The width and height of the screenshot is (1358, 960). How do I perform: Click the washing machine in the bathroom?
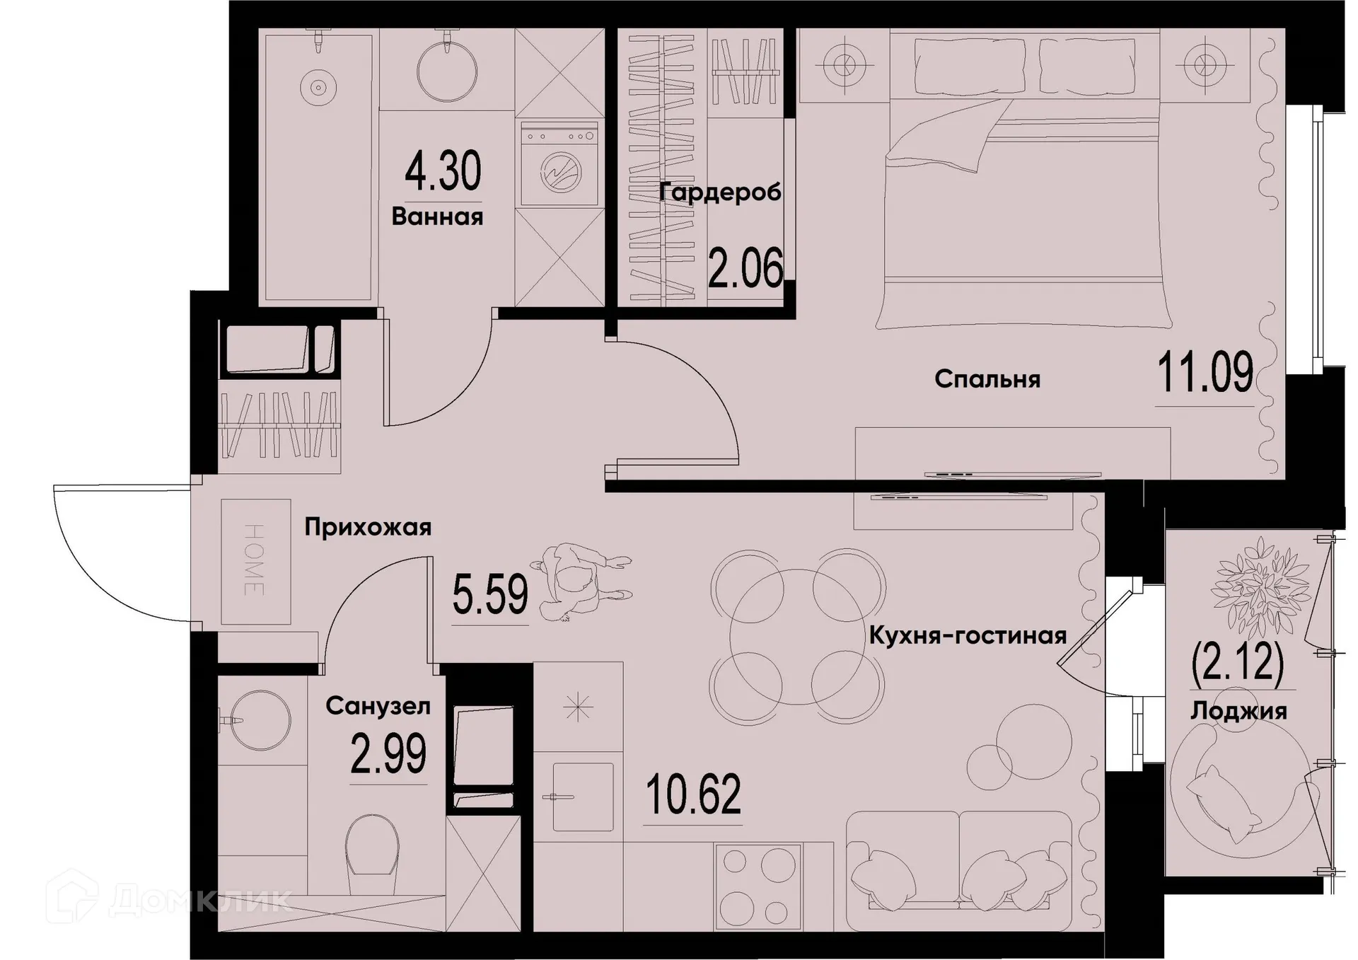(x=559, y=163)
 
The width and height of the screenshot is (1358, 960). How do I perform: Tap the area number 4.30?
(x=443, y=172)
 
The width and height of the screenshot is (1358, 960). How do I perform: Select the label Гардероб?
(x=720, y=192)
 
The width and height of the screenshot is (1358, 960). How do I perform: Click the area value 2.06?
(x=745, y=269)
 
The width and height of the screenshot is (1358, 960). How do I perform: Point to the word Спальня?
(x=987, y=380)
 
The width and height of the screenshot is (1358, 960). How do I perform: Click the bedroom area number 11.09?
(x=1205, y=373)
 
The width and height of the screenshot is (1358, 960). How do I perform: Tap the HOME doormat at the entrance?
(x=255, y=561)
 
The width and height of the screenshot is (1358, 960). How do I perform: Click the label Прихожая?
(x=368, y=528)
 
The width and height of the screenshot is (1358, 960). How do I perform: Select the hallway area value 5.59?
(x=490, y=595)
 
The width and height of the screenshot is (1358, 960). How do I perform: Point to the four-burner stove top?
(x=758, y=886)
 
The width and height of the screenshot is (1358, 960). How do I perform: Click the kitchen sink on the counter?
(x=582, y=797)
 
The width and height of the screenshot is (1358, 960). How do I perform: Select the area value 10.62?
(x=693, y=794)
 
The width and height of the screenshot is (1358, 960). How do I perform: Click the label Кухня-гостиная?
(x=967, y=636)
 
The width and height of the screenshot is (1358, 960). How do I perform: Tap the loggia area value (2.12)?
(x=1237, y=662)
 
